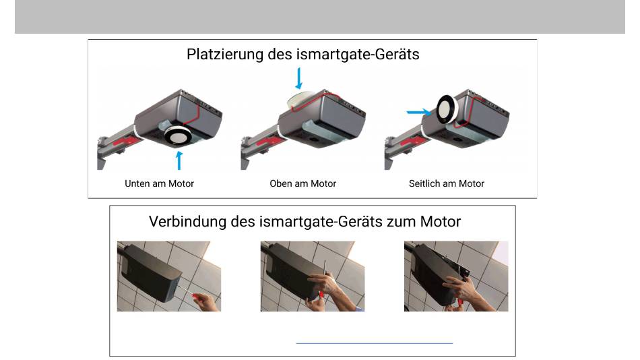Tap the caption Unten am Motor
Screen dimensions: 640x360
[x=159, y=183]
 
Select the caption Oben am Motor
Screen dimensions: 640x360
[x=303, y=183]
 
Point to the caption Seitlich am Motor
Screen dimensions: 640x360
[x=447, y=183]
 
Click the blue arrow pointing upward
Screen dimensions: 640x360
[x=179, y=160]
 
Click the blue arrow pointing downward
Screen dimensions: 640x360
[x=298, y=78]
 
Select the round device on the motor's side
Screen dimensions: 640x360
[x=447, y=109]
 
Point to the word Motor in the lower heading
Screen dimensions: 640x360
[x=441, y=222]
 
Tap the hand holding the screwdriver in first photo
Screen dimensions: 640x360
[x=208, y=303]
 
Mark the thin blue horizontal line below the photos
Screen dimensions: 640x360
[x=375, y=343]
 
